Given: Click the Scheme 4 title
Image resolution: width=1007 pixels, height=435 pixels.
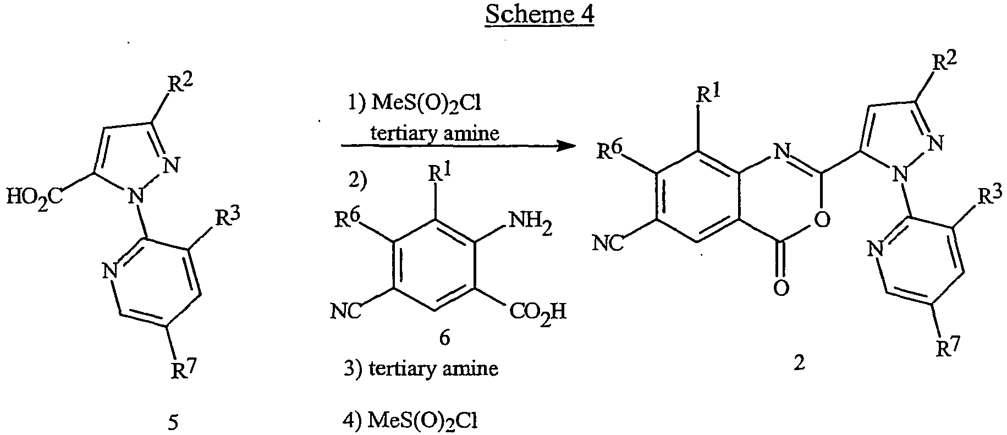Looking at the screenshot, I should (540, 15).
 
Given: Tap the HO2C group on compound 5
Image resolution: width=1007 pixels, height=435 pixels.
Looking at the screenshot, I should (35, 196).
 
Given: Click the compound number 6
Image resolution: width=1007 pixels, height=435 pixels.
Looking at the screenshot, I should (444, 337).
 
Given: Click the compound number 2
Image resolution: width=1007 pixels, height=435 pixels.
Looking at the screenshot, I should (799, 364).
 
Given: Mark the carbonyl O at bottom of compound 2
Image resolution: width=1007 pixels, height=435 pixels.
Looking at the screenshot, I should (781, 288).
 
